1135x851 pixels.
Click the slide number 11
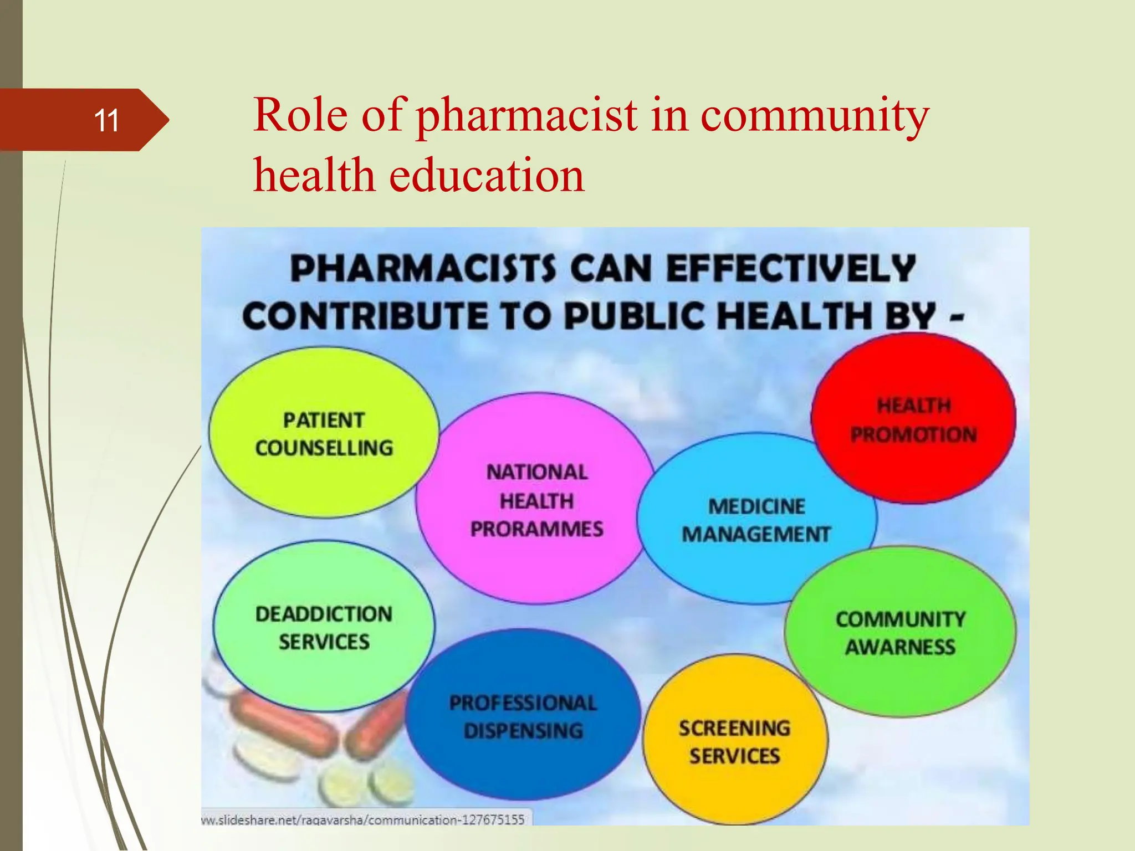106,120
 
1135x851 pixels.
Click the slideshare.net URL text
363,819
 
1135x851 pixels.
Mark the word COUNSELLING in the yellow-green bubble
324,448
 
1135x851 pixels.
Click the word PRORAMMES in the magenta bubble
536,529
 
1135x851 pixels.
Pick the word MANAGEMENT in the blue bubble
756,534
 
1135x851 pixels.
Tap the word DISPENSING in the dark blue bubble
523,731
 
